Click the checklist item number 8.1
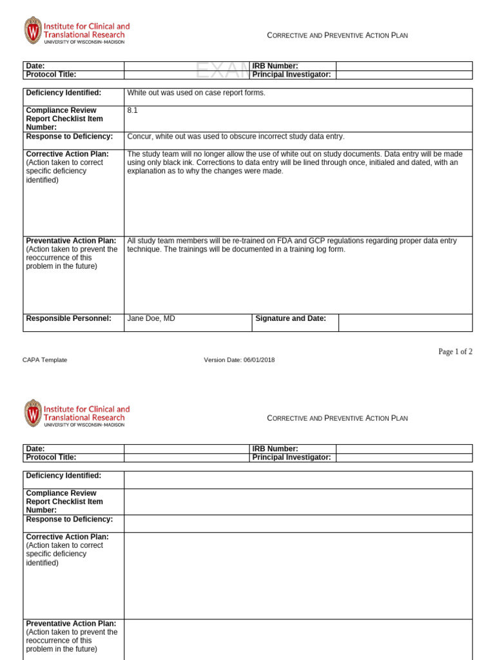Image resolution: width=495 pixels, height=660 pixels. [x=132, y=110]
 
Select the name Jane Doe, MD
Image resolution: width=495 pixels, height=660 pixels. [x=151, y=318]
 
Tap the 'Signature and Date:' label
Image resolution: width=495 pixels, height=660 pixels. [x=291, y=318]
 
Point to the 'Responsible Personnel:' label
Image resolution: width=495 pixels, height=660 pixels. [x=68, y=318]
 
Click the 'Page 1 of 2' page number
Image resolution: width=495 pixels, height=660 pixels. [x=455, y=351]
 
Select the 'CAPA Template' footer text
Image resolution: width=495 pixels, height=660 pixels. [x=45, y=360]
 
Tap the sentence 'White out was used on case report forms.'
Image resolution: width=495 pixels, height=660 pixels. [x=196, y=93]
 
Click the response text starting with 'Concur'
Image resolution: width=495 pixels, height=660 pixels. [x=236, y=137]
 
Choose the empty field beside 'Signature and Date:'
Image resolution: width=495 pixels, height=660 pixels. [x=405, y=322]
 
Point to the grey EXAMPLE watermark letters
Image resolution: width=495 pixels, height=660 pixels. [x=222, y=70]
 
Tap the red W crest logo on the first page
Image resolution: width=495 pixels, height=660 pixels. [x=32, y=30]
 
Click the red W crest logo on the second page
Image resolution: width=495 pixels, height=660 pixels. [x=32, y=413]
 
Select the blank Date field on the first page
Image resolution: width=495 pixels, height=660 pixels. [x=186, y=66]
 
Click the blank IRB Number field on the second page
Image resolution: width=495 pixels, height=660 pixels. [x=403, y=449]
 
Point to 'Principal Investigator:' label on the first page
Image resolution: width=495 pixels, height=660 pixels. [x=291, y=75]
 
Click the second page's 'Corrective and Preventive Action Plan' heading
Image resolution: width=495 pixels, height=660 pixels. [x=337, y=418]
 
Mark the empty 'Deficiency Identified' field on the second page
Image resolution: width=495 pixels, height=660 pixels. [x=298, y=480]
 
